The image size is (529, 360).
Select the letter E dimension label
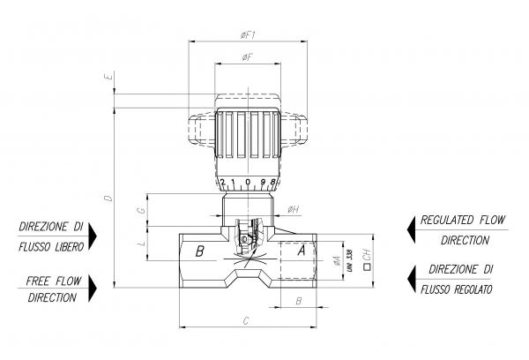107,79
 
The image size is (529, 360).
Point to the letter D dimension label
107,198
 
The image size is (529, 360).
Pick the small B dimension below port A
298,300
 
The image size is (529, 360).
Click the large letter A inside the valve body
301,251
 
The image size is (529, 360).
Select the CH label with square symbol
366,258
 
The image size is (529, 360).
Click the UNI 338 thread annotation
350,258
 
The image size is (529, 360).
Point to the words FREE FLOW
55,281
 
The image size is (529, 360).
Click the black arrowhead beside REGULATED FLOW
410,229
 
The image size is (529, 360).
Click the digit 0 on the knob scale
248,182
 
